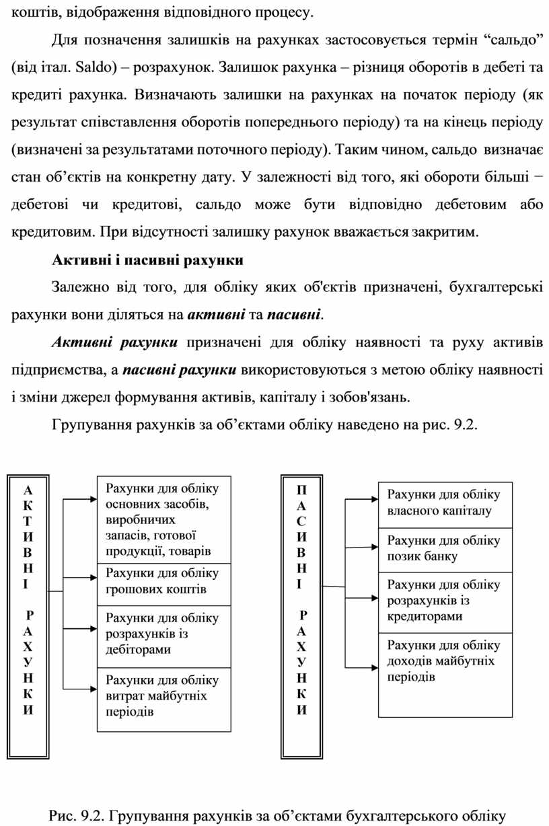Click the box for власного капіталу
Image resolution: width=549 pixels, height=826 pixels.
point(445,503)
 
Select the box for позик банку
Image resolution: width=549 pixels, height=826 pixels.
point(445,548)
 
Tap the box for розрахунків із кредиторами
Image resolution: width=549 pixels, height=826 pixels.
point(445,601)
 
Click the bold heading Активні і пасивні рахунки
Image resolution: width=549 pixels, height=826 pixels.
point(147,259)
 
